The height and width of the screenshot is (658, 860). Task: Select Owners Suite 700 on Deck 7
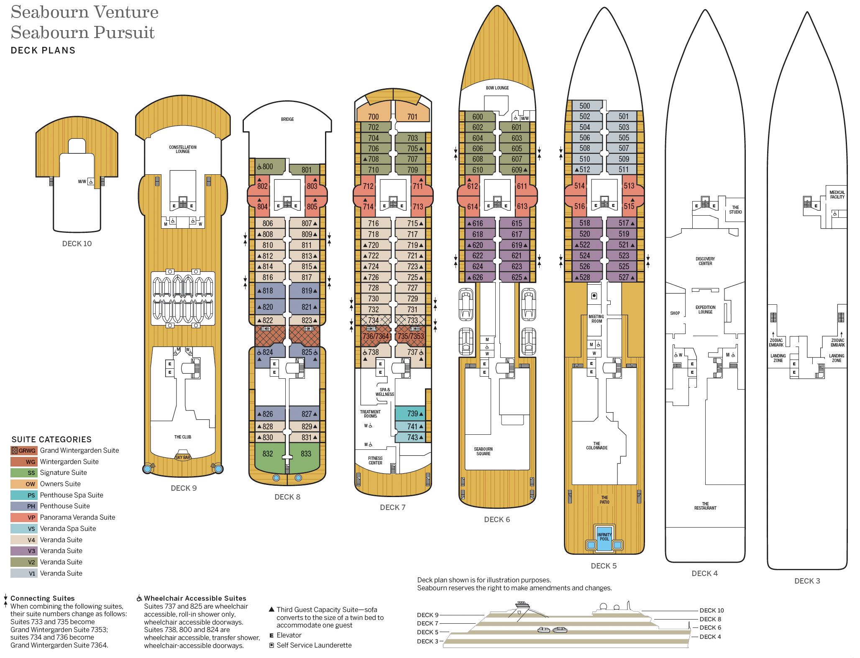[374, 117]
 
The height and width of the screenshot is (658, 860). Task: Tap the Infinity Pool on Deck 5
[604, 537]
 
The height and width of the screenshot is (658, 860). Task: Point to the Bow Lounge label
[497, 88]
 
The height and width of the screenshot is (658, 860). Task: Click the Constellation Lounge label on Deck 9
[183, 149]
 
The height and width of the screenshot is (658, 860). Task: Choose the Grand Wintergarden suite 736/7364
[376, 336]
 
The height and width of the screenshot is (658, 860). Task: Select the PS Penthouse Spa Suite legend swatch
[24, 495]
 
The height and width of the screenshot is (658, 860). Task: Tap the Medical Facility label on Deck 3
[837, 194]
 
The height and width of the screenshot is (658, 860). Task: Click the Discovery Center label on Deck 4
[705, 261]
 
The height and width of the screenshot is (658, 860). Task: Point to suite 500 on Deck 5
[585, 106]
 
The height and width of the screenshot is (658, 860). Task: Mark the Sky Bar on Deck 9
[183, 457]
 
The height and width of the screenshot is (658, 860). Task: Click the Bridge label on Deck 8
[287, 120]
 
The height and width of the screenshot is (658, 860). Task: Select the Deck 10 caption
[77, 244]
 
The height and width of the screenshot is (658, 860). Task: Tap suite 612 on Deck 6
[472, 186]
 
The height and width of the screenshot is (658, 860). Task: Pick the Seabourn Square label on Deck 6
[483, 451]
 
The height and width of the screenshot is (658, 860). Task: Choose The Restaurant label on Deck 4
[705, 506]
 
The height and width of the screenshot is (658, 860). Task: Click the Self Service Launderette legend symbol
[271, 645]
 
